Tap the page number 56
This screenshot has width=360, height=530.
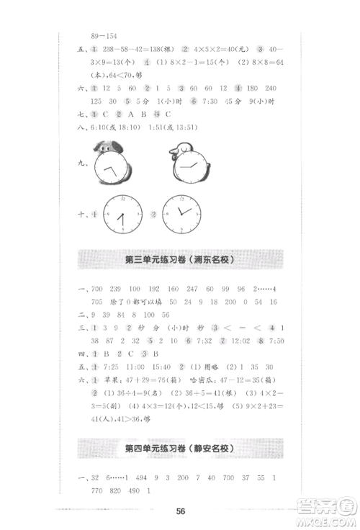tap(181, 511)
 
